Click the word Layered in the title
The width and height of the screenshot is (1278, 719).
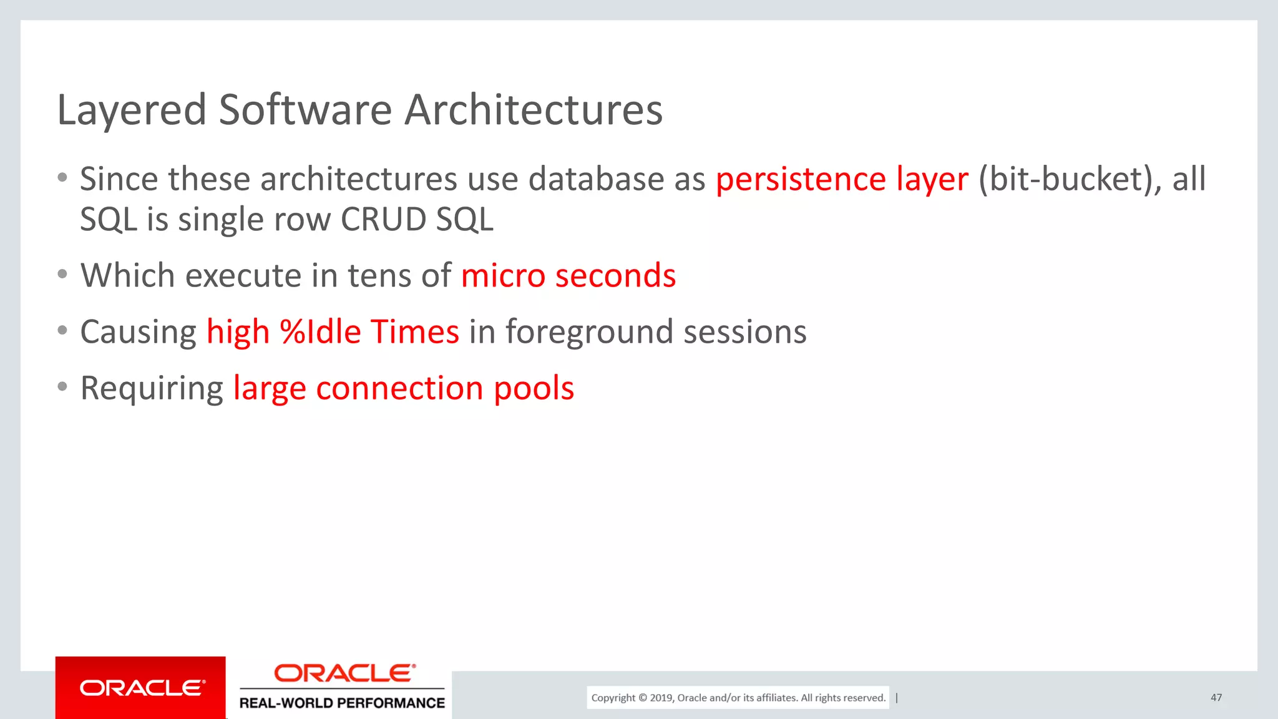click(x=131, y=110)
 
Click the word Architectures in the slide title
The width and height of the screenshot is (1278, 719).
click(x=534, y=110)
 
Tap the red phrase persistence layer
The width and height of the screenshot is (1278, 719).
click(x=842, y=180)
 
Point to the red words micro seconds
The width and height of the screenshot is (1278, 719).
click(x=568, y=276)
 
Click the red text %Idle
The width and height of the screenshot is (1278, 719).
click(x=320, y=332)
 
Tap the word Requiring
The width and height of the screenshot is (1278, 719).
click(x=152, y=389)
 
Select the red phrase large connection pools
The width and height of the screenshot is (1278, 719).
click(x=403, y=389)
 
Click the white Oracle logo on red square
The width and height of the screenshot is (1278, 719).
click(x=141, y=688)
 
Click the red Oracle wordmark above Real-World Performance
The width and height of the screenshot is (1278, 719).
click(x=344, y=673)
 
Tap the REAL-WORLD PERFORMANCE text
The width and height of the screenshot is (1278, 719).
click(x=342, y=703)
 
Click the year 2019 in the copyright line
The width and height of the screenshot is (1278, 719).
click(x=661, y=698)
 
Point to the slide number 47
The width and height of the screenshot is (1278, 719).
click(x=1216, y=698)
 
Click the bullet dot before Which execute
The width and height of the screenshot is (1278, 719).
click(x=62, y=274)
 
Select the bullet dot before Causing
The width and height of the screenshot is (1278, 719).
click(x=62, y=330)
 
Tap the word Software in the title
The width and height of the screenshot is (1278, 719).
click(x=305, y=110)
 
